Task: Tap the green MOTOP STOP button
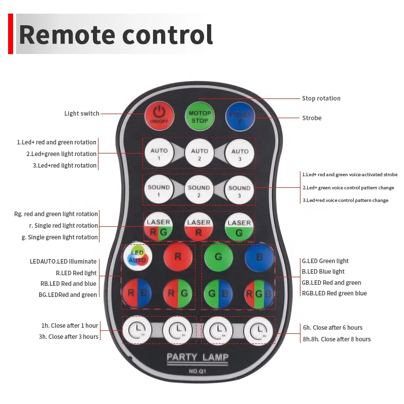[x=199, y=117]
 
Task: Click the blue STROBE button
[x=240, y=117]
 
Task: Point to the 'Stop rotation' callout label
[x=321, y=98]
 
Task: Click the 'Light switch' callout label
[x=82, y=114]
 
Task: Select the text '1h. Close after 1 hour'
[x=70, y=325]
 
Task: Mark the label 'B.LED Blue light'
[x=323, y=272]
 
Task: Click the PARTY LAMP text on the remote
[x=197, y=358]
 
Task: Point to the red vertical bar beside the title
[x=11, y=34]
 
